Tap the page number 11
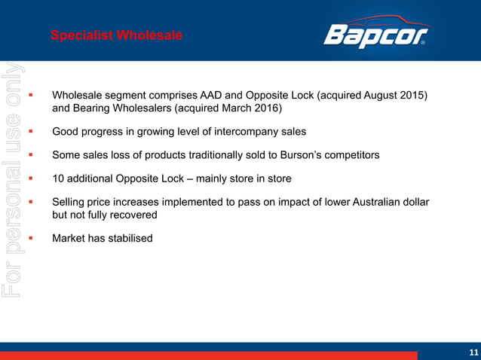[x=473, y=352]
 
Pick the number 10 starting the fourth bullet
[x=58, y=178]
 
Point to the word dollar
[x=412, y=202]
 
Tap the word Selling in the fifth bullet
[x=71, y=202]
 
